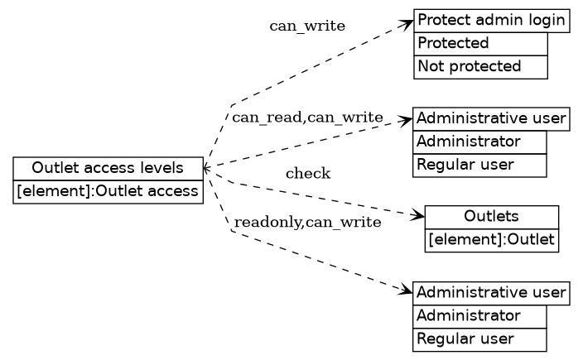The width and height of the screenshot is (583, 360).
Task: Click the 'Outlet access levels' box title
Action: (108, 169)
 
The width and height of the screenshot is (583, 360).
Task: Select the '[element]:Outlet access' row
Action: (108, 192)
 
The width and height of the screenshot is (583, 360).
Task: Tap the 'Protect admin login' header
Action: (492, 21)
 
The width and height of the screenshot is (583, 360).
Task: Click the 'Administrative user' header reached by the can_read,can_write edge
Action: (491, 119)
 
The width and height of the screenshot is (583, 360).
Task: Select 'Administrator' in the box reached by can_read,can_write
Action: (479, 142)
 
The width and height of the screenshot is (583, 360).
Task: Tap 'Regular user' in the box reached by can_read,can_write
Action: (479, 165)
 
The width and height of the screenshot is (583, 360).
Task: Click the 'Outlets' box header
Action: (492, 217)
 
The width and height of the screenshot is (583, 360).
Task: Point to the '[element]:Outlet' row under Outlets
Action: (492, 240)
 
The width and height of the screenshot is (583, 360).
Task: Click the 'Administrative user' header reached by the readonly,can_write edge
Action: (491, 293)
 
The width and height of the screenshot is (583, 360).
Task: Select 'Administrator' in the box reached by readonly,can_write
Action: (479, 316)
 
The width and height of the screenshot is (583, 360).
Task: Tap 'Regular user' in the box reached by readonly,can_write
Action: (479, 339)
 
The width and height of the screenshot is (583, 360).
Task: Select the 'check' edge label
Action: (308, 174)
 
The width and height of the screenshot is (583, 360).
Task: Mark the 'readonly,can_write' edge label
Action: (307, 223)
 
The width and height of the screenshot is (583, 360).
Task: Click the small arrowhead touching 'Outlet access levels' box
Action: (207, 168)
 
